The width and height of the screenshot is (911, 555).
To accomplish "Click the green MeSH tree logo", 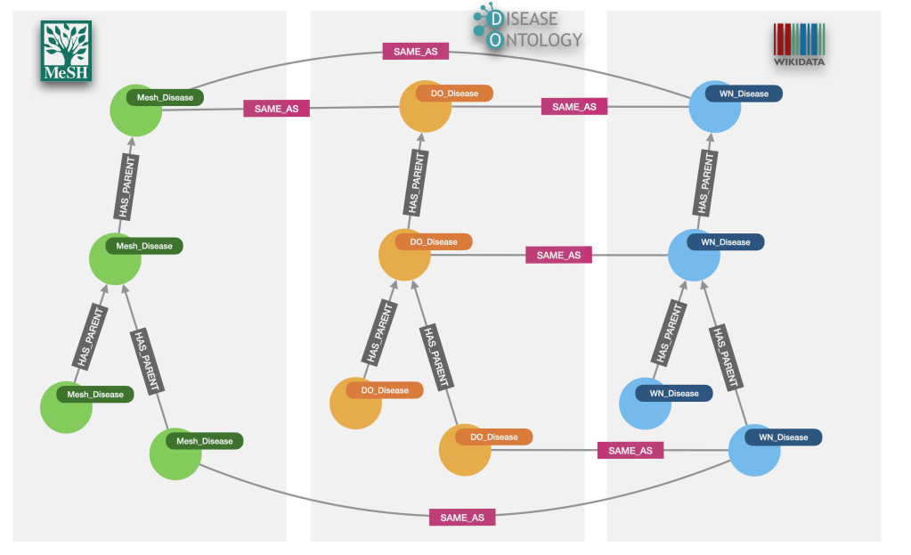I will pyautogui.click(x=66, y=51).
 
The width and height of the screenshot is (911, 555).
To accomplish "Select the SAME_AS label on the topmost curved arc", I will pyautogui.click(x=415, y=52).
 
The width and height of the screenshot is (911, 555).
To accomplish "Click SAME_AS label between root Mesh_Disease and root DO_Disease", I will pyautogui.click(x=276, y=109).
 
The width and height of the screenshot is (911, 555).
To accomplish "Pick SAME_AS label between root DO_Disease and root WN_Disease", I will pyautogui.click(x=573, y=107).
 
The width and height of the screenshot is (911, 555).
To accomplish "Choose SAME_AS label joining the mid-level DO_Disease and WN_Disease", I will pyautogui.click(x=558, y=255).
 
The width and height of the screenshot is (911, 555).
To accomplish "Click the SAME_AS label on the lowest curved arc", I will pyautogui.click(x=461, y=518).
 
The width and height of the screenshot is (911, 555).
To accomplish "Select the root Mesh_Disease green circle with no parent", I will pyautogui.click(x=135, y=110).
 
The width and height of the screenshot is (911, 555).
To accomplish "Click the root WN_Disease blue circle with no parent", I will pyautogui.click(x=715, y=107).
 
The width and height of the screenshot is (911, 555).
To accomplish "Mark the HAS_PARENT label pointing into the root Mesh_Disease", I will pyautogui.click(x=126, y=186).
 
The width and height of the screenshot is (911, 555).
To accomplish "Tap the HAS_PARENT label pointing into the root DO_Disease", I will pyautogui.click(x=415, y=182).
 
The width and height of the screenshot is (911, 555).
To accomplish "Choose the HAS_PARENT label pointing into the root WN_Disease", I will pyautogui.click(x=705, y=182).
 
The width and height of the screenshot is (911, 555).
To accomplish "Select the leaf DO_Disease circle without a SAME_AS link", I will pyautogui.click(x=355, y=404).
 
